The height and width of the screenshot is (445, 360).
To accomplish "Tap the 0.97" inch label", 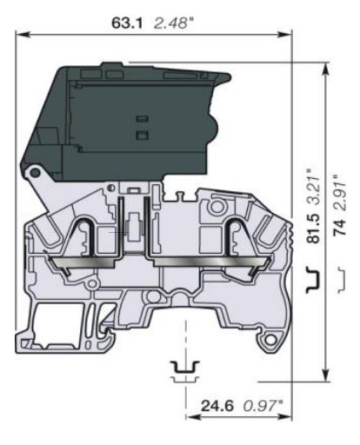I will [x=260, y=405].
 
